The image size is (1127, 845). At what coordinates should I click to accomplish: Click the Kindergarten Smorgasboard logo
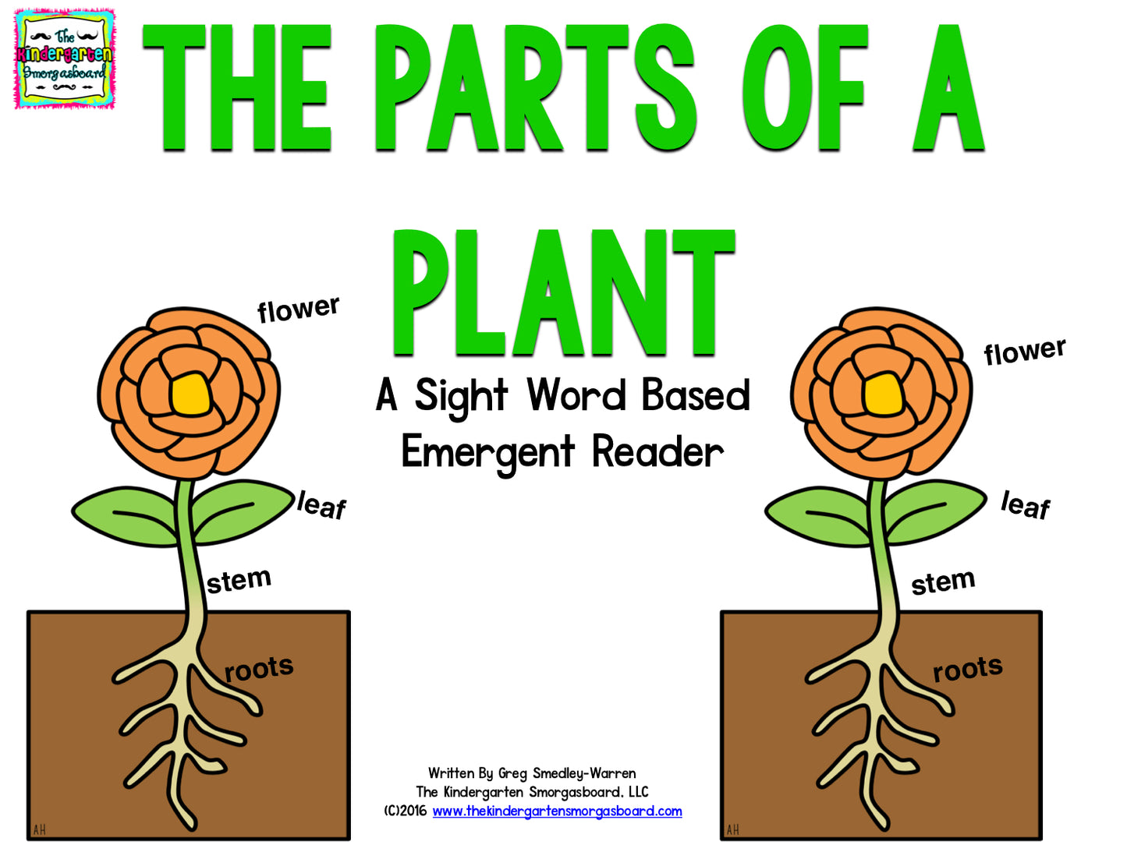coord(64,58)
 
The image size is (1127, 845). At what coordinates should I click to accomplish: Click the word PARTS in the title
coord(534,87)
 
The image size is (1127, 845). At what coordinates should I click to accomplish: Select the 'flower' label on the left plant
coord(299,309)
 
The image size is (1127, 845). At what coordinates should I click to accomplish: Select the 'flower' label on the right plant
coord(1024,351)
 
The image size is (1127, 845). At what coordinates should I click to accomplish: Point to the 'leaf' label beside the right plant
coord(1025,505)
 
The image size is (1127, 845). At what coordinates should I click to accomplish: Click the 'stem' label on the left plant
coord(239,581)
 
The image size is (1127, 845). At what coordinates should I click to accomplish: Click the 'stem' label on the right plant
coord(943,582)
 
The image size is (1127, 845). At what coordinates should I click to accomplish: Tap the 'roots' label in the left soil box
coord(259,669)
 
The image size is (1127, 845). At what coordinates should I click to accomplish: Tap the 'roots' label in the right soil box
coord(967,669)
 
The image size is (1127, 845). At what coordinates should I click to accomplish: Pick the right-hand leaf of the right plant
coord(936,511)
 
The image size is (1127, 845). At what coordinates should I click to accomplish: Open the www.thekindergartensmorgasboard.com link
coord(557,811)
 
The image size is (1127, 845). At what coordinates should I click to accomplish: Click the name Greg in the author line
coord(512,773)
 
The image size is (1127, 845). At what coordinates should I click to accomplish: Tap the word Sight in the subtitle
coord(461,396)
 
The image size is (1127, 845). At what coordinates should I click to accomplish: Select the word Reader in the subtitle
coord(657,452)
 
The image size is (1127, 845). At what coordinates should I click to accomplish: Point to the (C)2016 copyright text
coord(405,811)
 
